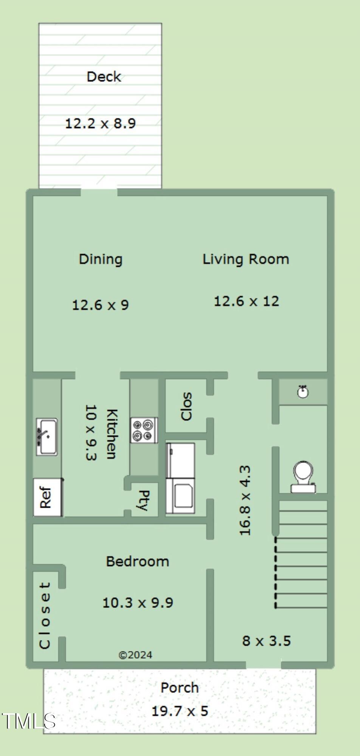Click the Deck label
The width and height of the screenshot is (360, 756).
104,77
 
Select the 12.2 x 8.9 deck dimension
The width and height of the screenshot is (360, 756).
101,123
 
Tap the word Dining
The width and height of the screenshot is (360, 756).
101,259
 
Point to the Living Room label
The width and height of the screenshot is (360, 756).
246,259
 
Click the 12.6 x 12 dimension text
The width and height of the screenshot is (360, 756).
247,301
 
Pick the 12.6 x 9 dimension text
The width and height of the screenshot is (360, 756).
101,305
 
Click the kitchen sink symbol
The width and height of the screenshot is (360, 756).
47,437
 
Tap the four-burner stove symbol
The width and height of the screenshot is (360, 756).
144,430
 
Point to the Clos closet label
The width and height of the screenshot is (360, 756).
186,406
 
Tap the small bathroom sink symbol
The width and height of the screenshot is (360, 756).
303,392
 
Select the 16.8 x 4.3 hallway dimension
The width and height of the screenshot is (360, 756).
245,500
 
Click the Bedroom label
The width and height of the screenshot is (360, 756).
137,561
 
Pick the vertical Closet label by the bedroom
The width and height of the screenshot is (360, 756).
45,615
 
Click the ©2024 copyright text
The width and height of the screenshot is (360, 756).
135,655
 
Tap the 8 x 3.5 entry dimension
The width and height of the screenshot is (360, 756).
266,641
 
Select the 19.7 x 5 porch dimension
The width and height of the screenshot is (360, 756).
180,711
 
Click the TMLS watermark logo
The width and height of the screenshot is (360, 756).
29,721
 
